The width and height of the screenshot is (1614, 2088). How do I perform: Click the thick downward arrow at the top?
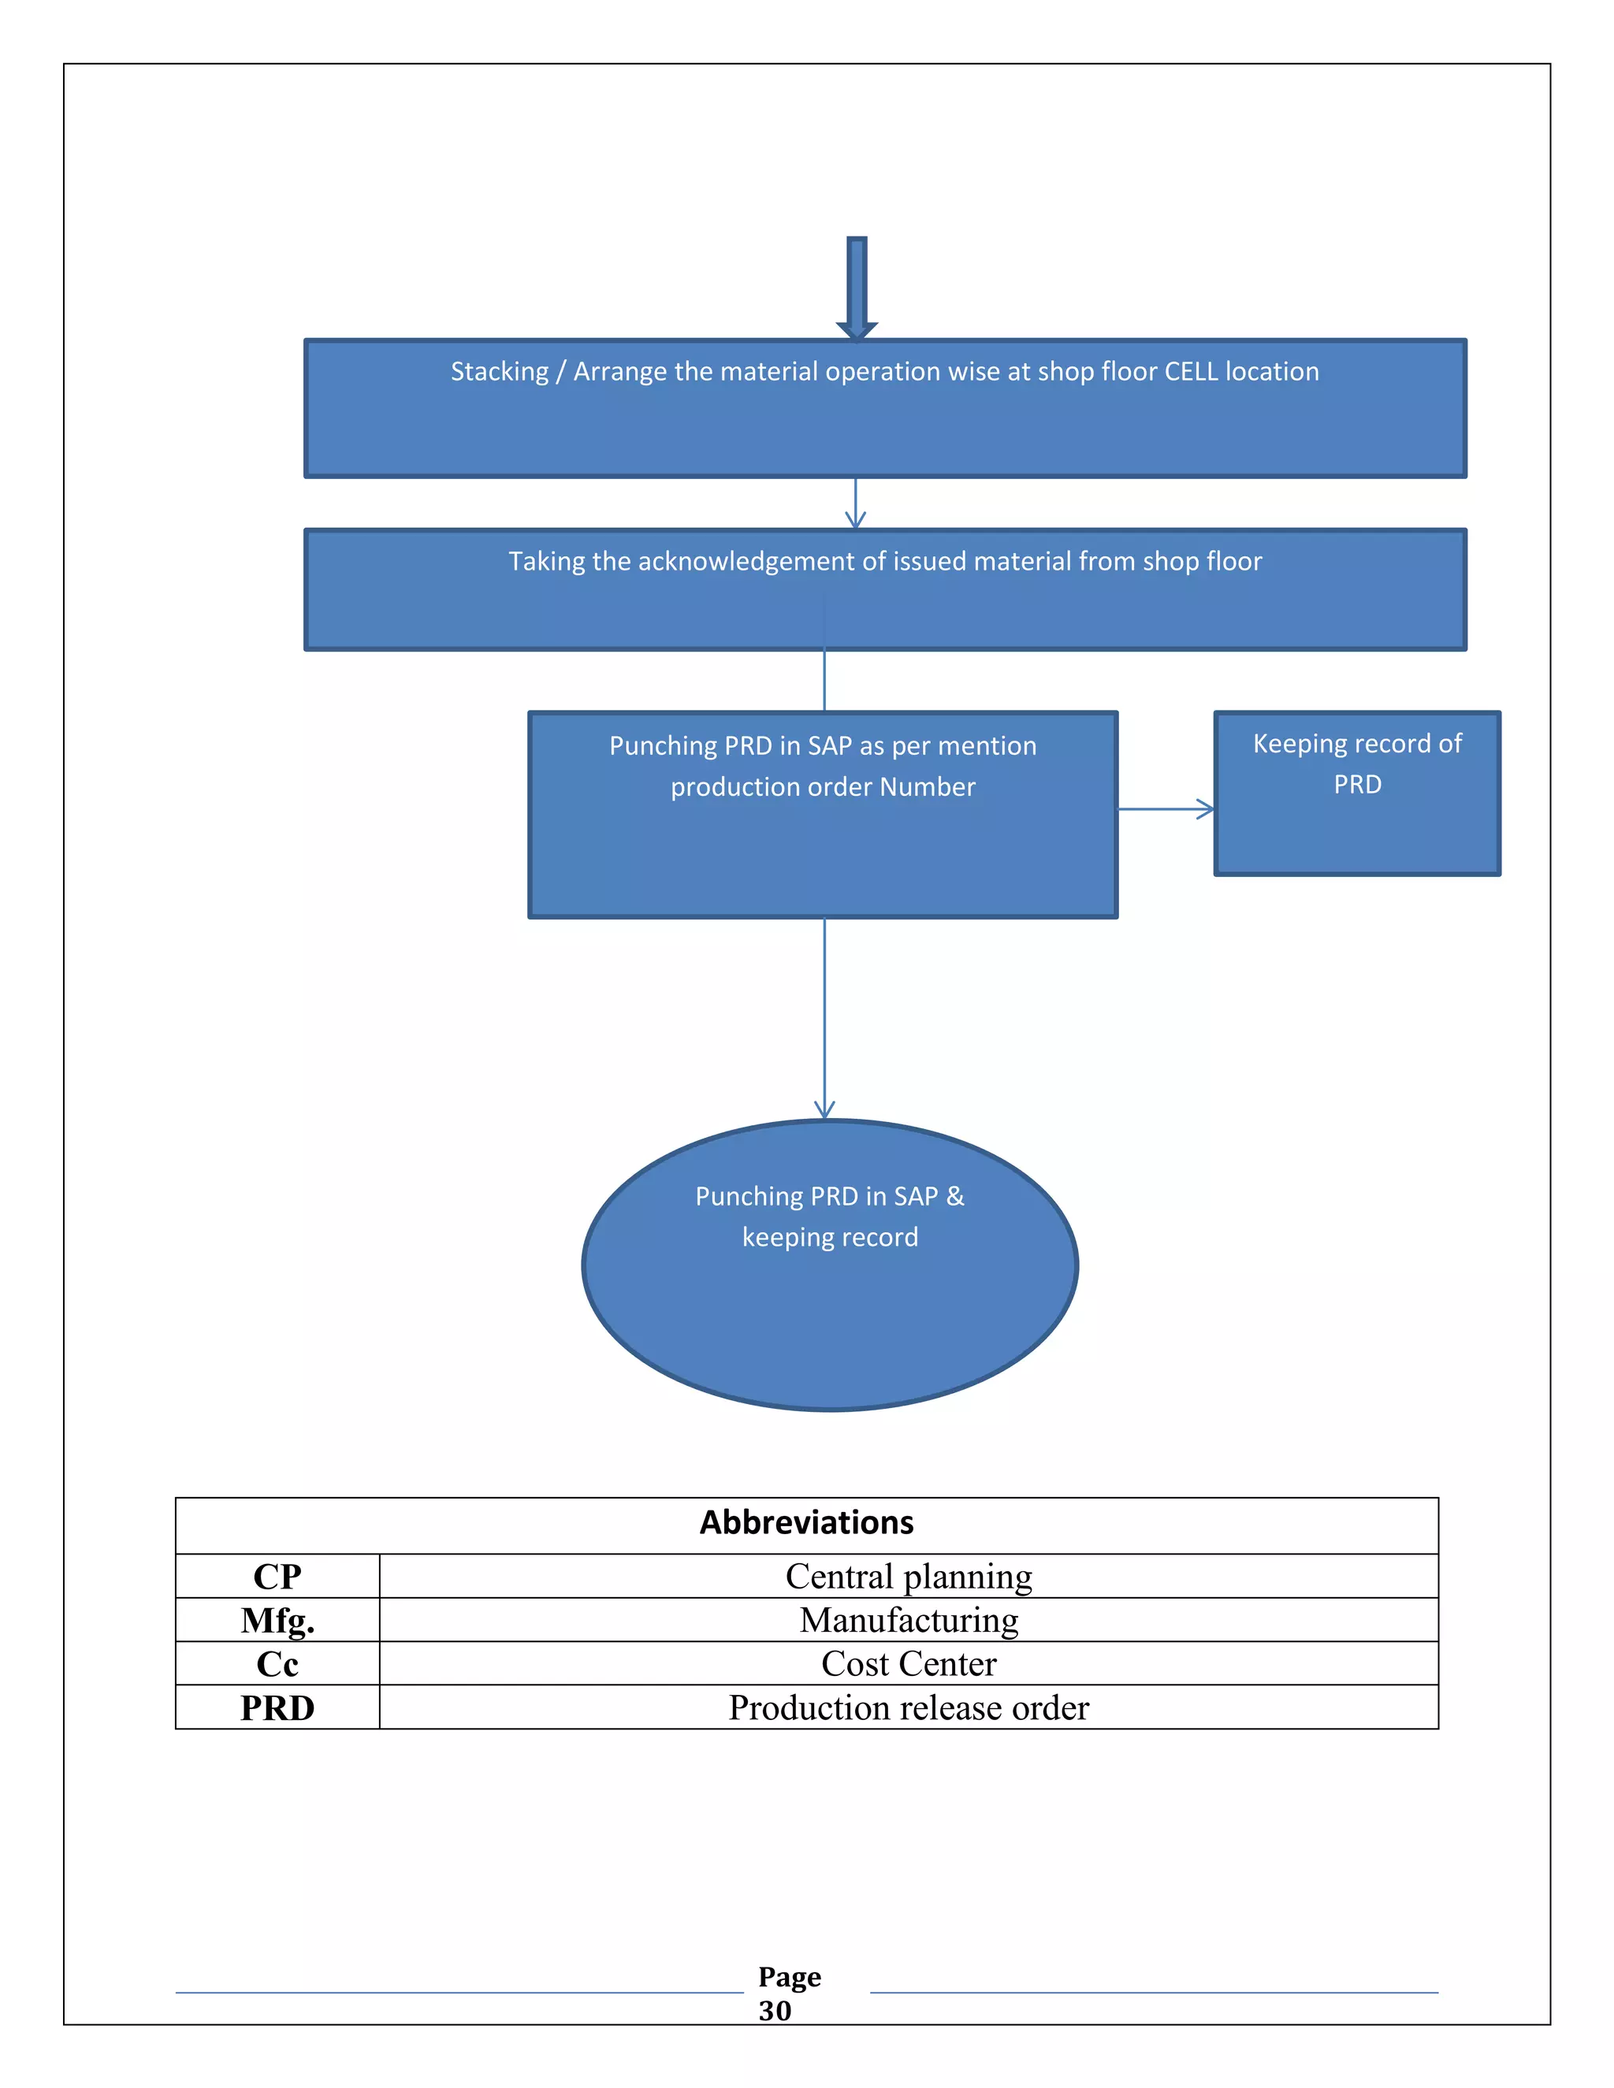tap(857, 287)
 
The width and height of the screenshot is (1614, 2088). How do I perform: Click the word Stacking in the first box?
tap(499, 372)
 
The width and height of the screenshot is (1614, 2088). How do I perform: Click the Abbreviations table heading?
tap(806, 1523)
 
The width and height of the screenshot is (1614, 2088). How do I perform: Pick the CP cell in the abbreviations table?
tap(277, 1577)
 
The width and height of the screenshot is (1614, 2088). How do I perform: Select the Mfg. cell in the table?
tap(277, 1621)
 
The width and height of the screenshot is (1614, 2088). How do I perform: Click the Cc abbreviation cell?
tap(277, 1664)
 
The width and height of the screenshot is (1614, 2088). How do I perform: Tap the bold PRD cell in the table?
tap(277, 1708)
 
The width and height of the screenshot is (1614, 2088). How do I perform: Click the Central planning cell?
tap(909, 1577)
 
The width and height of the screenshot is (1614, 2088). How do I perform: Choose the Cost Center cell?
tap(909, 1664)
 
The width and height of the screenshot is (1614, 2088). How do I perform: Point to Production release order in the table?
tap(909, 1708)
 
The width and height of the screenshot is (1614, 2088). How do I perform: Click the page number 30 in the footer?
tap(775, 2011)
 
